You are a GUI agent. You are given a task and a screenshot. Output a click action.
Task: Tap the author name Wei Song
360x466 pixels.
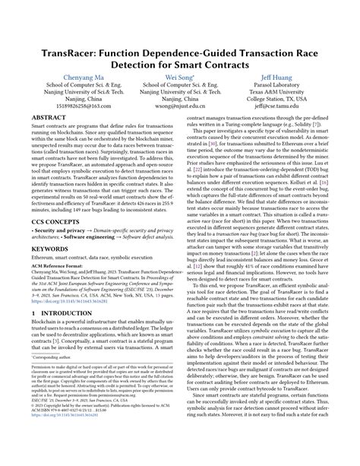coord(179,78)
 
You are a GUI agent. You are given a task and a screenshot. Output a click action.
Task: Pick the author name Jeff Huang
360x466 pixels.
coord(285,78)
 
